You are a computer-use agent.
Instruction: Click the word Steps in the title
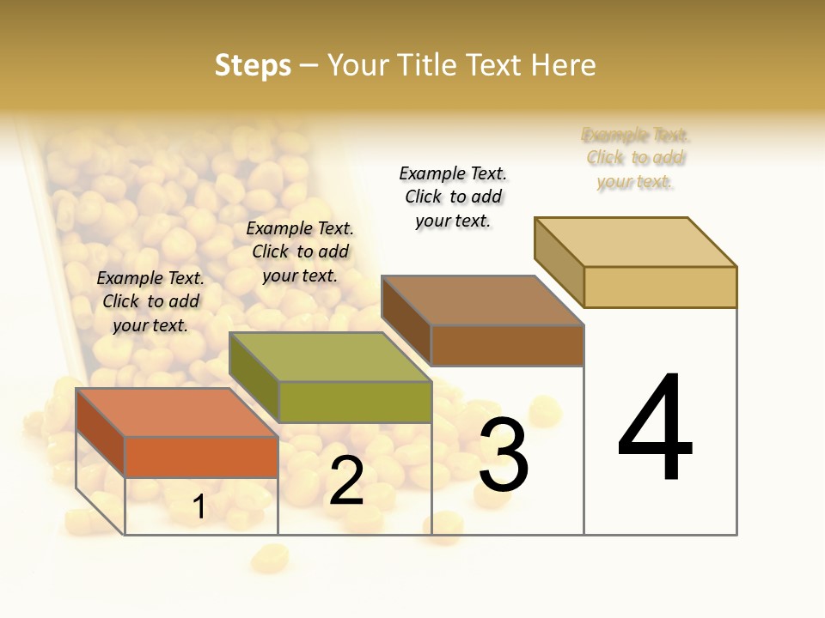tap(253, 65)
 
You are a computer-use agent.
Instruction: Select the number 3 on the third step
tap(504, 455)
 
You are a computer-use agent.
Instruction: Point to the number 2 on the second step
tap(346, 482)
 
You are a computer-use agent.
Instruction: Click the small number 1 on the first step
tap(199, 506)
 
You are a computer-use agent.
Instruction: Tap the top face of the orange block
tap(176, 412)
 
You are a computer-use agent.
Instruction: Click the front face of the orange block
tap(201, 457)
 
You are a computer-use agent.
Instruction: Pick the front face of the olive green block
tap(354, 402)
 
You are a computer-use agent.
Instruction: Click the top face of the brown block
tap(481, 300)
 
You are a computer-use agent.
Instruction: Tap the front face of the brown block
tap(507, 345)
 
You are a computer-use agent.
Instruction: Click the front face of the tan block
tap(660, 287)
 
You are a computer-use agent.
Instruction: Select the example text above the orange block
tap(150, 301)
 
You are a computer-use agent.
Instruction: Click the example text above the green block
tap(300, 251)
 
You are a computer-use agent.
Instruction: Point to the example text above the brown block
tap(453, 197)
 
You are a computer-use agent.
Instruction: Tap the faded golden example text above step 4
tap(636, 158)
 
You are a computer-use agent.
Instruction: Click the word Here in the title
tap(563, 65)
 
